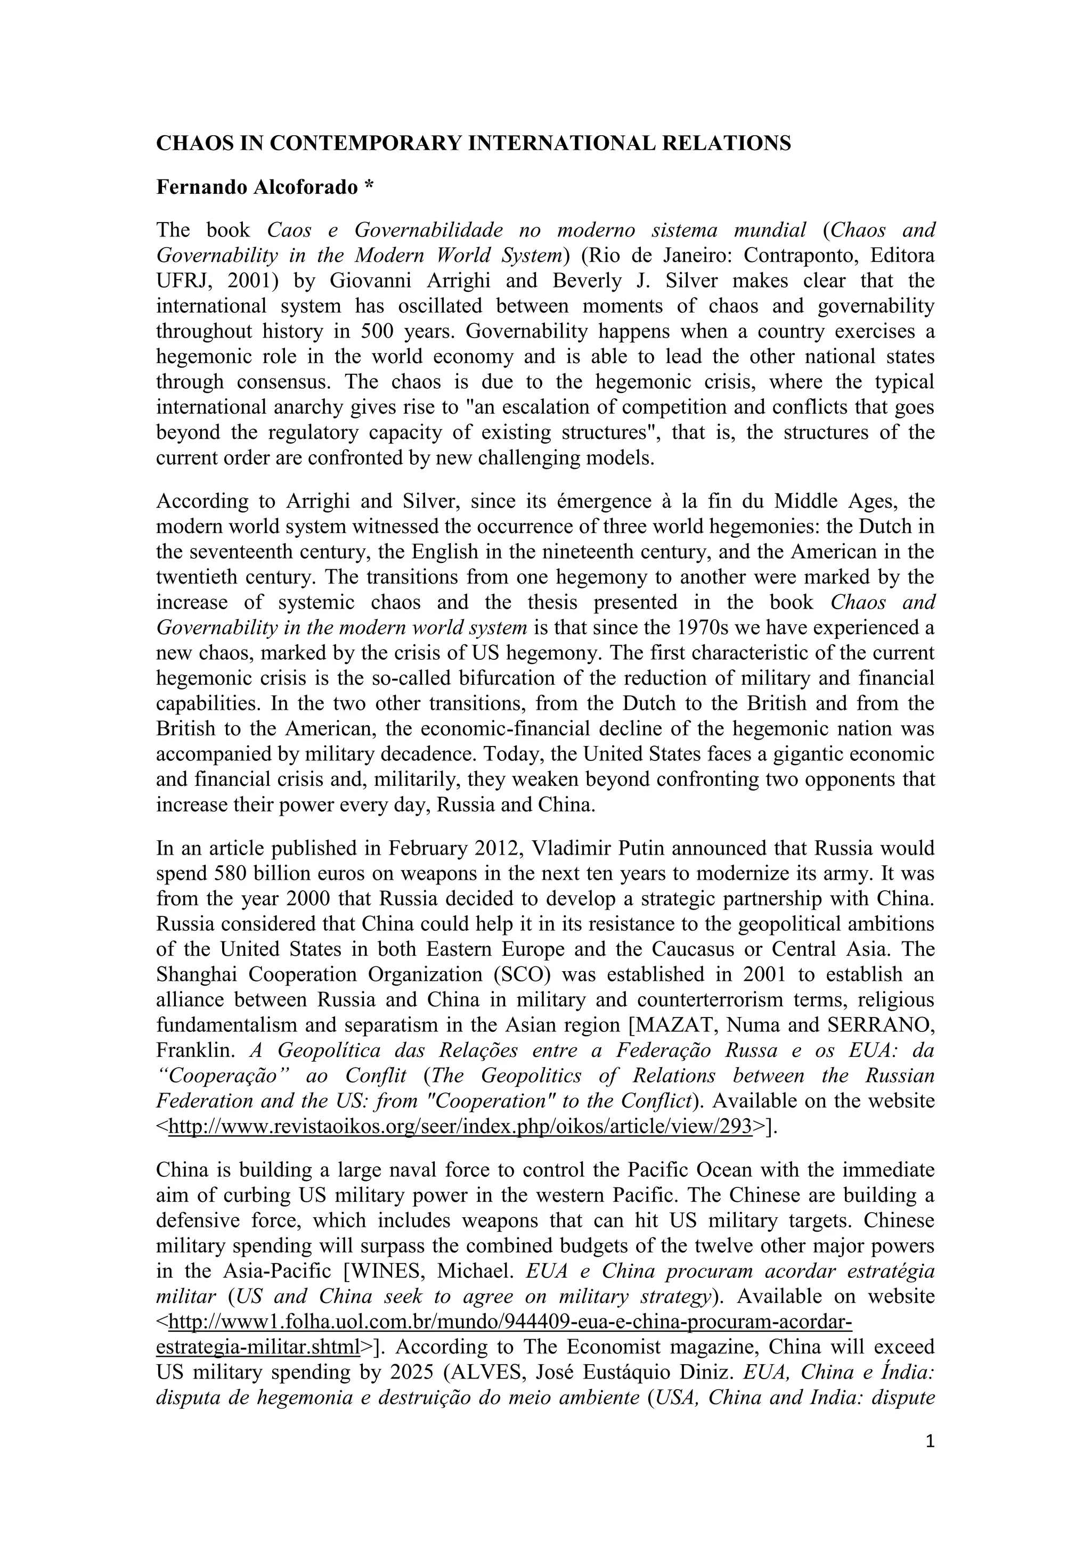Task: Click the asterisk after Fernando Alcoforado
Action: (368, 187)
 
